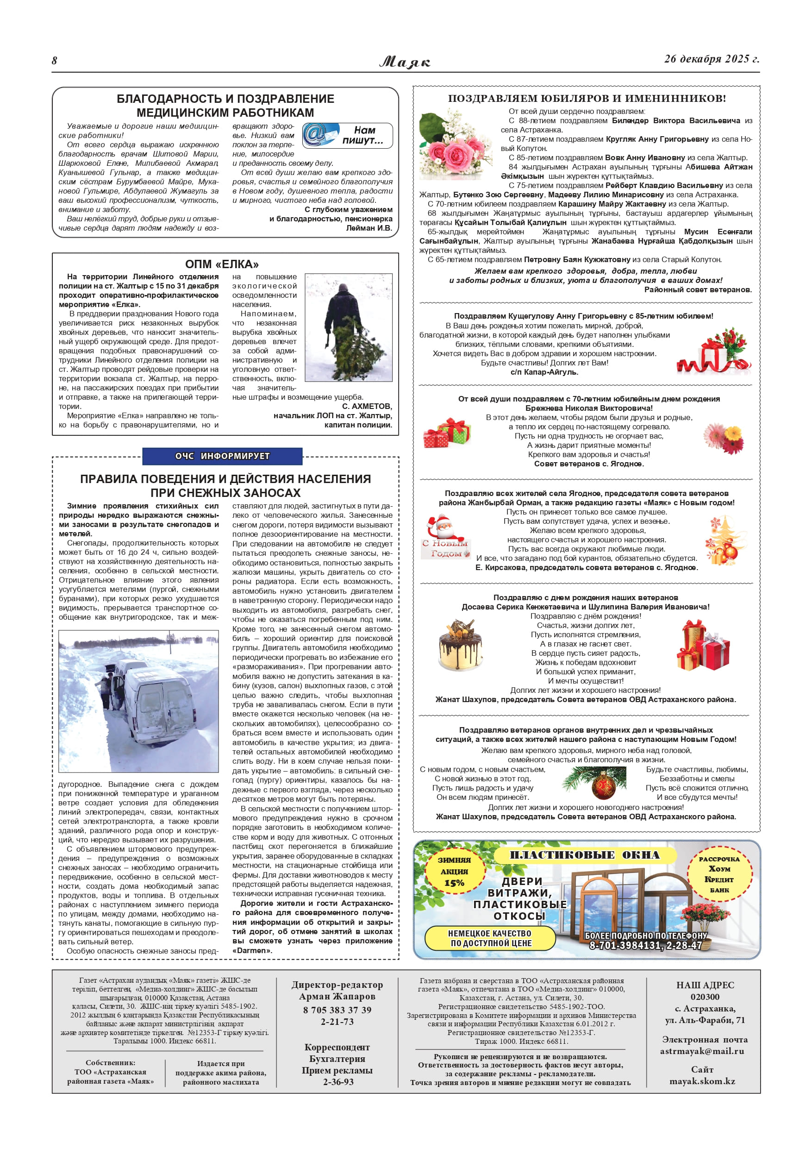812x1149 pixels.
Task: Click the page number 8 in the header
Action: click(55, 61)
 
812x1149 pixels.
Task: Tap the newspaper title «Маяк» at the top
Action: click(405, 62)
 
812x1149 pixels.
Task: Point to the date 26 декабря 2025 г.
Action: click(712, 59)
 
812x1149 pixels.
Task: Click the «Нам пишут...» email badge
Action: click(347, 135)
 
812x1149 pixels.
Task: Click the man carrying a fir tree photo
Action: click(348, 327)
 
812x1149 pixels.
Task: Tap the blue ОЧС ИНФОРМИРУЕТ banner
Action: click(222, 456)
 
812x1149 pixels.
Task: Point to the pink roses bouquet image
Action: click(454, 145)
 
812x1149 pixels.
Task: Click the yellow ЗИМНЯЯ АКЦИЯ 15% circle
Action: click(454, 871)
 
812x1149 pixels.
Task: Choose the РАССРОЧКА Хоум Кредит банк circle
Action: click(719, 874)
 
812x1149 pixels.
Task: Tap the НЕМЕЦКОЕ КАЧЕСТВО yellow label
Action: click(490, 938)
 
